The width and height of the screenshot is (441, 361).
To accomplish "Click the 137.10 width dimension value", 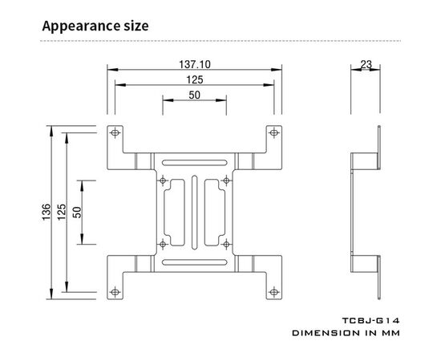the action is (x=195, y=64).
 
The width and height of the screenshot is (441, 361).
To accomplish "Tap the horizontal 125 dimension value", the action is (x=195, y=80).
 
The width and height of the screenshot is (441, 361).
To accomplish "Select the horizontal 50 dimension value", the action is (x=194, y=95).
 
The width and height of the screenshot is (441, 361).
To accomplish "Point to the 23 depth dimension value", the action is (x=366, y=64).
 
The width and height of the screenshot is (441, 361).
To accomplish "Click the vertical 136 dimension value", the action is (x=47, y=212).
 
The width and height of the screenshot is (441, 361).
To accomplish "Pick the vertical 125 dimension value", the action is (x=62, y=212).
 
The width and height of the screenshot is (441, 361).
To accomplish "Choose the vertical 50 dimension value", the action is (x=77, y=212).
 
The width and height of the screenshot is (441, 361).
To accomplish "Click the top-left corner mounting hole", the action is (x=115, y=132).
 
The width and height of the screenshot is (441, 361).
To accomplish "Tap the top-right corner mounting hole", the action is (x=274, y=132).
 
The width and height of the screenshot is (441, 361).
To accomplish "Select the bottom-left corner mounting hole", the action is (x=115, y=292).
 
